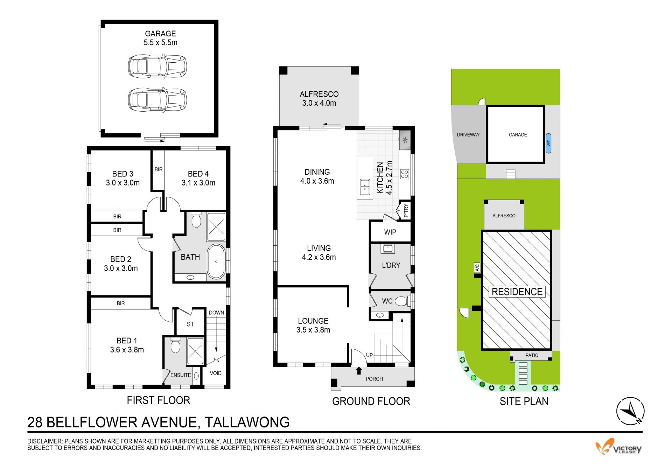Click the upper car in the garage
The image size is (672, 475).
pyautogui.click(x=157, y=66)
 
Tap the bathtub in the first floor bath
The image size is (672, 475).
pyautogui.click(x=216, y=261)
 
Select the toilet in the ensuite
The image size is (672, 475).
pyautogui.click(x=175, y=345)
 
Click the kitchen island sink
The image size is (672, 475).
pyautogui.click(x=365, y=187)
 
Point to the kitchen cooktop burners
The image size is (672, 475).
pyautogui.click(x=405, y=174)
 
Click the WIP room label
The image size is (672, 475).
pyautogui.click(x=390, y=232)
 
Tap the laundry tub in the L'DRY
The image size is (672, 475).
pyautogui.click(x=388, y=249)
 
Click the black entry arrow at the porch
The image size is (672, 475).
pyautogui.click(x=359, y=371)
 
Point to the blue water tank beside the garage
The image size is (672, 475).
pyautogui.click(x=548, y=144)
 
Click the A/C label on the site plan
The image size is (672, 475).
pyautogui.click(x=477, y=268)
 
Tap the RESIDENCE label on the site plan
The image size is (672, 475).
pyautogui.click(x=517, y=292)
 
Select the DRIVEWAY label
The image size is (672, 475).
pyautogui.click(x=468, y=135)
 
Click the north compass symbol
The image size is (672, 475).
pyautogui.click(x=630, y=411)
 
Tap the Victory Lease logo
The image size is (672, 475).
pyautogui.click(x=618, y=447)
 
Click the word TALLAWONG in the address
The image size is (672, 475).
pyautogui.click(x=247, y=422)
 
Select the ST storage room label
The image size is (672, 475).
pyautogui.click(x=190, y=324)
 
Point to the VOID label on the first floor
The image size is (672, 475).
pyautogui.click(x=216, y=373)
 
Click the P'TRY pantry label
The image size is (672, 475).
pyautogui.click(x=406, y=211)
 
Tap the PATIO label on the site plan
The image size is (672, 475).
pyautogui.click(x=532, y=355)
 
